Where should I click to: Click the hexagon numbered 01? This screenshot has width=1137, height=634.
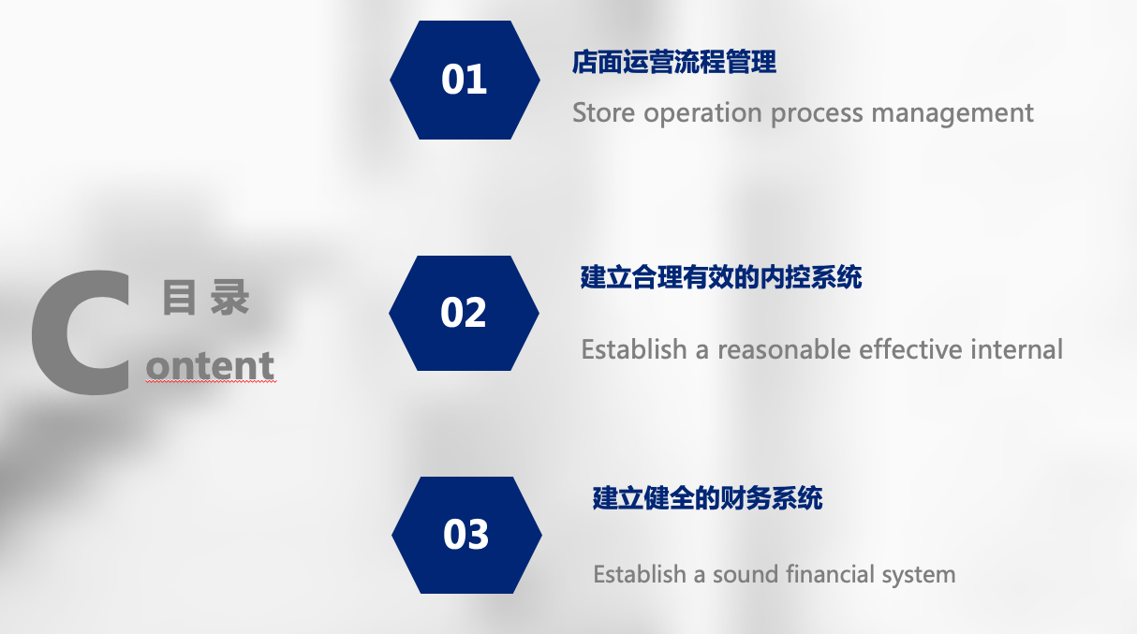coord(465,80)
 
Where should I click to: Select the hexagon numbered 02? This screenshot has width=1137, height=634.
coord(464,313)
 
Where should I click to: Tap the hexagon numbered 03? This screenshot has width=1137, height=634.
coord(466,535)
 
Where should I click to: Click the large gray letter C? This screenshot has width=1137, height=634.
coord(81,332)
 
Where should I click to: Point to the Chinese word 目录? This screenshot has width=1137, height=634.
coord(206,298)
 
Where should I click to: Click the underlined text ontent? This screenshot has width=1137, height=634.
coord(210,365)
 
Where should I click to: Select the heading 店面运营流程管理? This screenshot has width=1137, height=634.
coord(674,62)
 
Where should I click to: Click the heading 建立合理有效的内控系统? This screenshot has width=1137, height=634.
coord(721,277)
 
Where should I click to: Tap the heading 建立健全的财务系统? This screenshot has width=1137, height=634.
coord(707,498)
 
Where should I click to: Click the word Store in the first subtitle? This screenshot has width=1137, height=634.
coord(603,112)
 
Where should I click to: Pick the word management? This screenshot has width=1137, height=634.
coord(952,113)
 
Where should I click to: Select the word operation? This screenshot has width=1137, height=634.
coord(703,113)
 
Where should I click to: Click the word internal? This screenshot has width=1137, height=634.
coord(1017,349)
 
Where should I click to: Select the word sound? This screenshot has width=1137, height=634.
coord(746,574)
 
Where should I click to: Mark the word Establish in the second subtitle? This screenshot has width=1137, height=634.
coord(634,349)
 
